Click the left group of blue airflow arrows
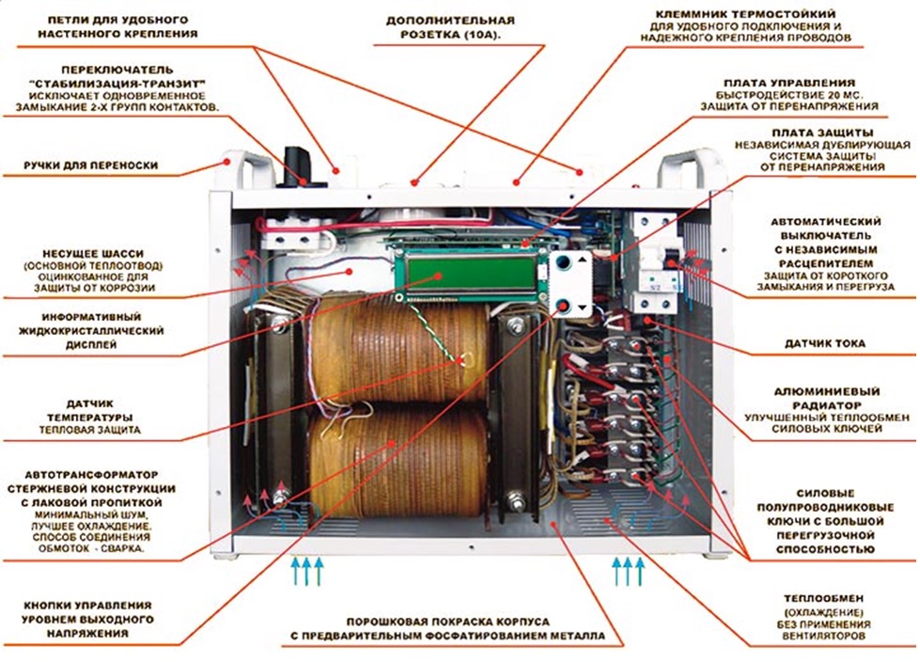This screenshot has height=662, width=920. click(x=306, y=570)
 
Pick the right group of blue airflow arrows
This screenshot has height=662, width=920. click(x=628, y=570)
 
